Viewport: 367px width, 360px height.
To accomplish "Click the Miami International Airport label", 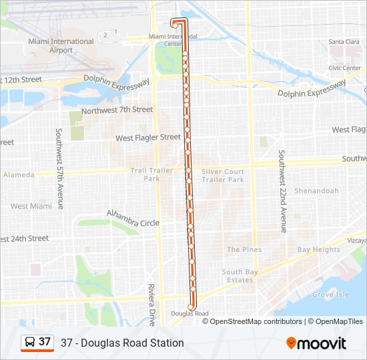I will [61, 45].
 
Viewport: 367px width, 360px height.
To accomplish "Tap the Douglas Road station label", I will [190, 313].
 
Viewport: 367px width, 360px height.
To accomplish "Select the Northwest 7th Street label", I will [117, 110].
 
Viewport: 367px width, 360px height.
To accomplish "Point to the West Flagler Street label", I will [148, 137].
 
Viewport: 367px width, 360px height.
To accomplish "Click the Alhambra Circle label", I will [133, 219].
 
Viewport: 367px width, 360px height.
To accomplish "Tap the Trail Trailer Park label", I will [151, 175].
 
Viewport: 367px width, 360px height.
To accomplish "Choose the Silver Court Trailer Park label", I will [223, 175].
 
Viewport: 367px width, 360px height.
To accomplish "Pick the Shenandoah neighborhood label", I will [318, 191].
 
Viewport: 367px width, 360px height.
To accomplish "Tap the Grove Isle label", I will [330, 294].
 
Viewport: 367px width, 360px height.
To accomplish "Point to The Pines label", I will [244, 249].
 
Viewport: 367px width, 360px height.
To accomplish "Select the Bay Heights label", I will [318, 250].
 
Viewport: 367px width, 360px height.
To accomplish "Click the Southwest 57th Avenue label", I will [59, 169].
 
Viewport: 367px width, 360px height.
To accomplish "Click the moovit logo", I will [316, 343].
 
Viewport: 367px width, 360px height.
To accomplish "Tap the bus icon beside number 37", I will [30, 343].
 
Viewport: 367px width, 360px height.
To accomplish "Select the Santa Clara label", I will [344, 42].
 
